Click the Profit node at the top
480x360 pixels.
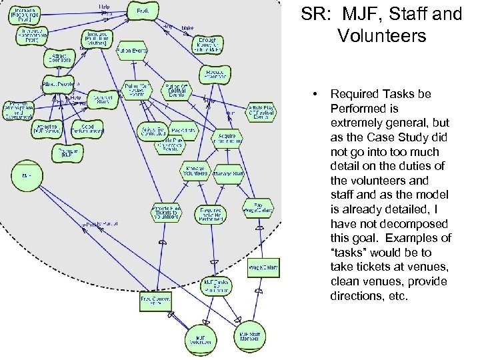point(143,11)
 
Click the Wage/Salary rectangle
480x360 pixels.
point(263,268)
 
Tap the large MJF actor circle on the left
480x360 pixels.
point(27,175)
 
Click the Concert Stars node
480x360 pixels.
point(101,100)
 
